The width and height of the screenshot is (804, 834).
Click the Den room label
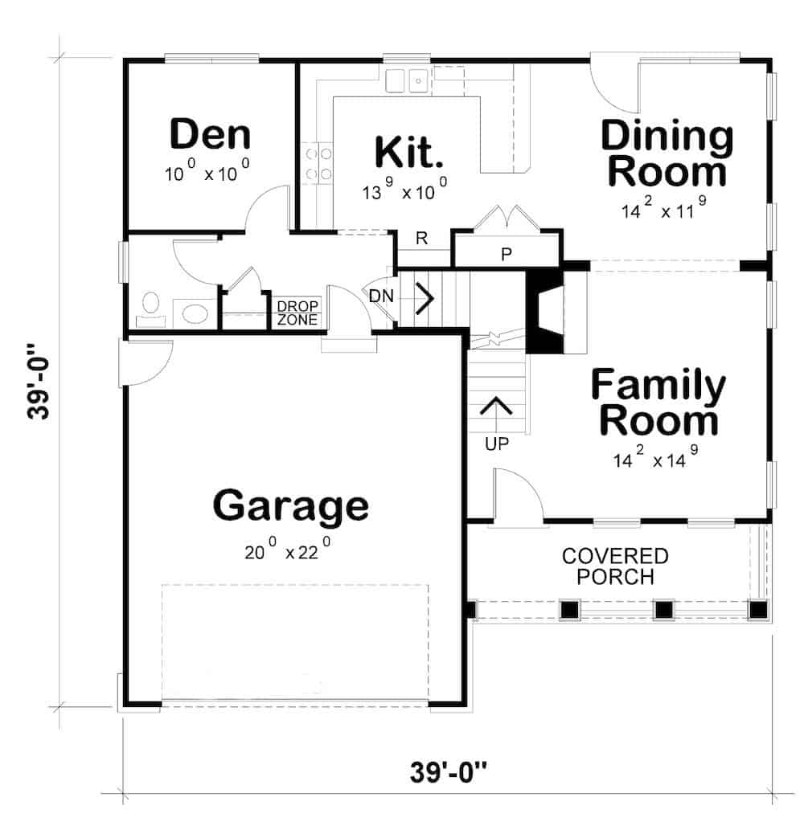click(x=210, y=134)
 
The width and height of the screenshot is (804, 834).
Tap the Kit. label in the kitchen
click(x=410, y=152)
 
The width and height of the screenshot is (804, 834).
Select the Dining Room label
click(x=667, y=153)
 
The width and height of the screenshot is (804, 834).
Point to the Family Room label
click(x=658, y=403)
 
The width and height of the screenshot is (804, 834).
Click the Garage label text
click(x=290, y=505)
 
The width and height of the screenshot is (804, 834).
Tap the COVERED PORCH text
click(x=615, y=566)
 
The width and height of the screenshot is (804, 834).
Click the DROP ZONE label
click(x=297, y=313)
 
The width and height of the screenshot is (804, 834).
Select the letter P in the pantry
click(x=507, y=255)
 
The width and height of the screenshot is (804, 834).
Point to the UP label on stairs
click(x=497, y=443)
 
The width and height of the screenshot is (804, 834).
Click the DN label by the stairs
click(x=381, y=296)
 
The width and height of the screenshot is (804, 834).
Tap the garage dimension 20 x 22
click(x=288, y=553)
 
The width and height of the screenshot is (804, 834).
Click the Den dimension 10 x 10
click(x=207, y=174)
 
